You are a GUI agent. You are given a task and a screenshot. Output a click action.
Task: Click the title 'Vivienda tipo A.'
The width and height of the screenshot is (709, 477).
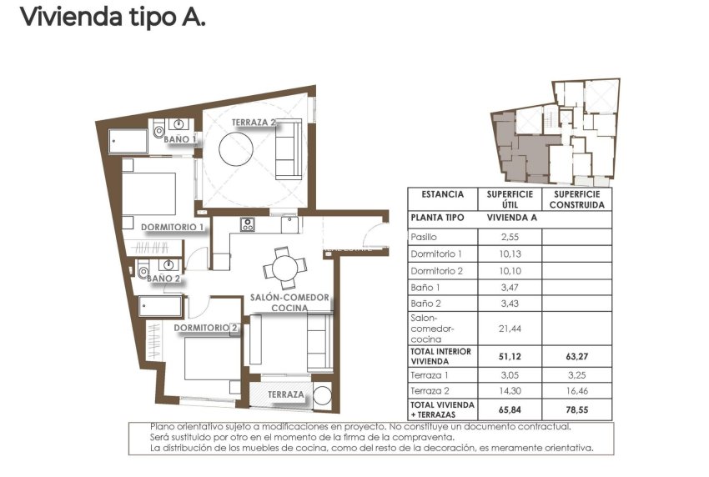(112, 17)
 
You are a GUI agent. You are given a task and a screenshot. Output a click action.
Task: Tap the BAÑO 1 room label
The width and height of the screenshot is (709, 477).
(180, 139)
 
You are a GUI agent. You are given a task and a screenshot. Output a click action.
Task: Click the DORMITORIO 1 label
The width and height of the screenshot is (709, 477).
(172, 227)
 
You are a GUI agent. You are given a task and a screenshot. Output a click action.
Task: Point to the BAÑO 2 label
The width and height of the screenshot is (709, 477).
(163, 279)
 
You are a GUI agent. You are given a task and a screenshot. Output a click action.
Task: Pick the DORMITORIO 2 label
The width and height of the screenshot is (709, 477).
(206, 328)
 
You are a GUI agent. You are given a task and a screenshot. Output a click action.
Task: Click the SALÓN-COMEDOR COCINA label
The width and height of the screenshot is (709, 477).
(290, 303)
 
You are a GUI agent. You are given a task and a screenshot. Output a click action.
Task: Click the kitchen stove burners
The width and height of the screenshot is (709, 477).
(247, 223)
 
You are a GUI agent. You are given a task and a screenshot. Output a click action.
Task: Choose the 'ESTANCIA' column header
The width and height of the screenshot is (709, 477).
(442, 194)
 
